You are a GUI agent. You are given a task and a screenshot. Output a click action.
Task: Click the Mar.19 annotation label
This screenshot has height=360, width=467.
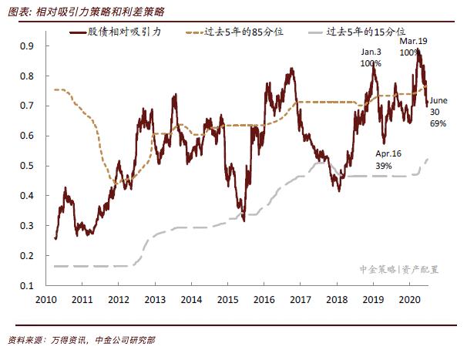pyautogui.click(x=412, y=40)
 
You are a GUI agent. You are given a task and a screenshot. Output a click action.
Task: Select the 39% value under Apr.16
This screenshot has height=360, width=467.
pyautogui.click(x=384, y=165)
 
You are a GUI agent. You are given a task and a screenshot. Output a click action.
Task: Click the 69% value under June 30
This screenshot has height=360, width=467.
pyautogui.click(x=438, y=123)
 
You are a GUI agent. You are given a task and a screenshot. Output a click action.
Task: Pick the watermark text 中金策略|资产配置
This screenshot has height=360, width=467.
pyautogui.click(x=399, y=270)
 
